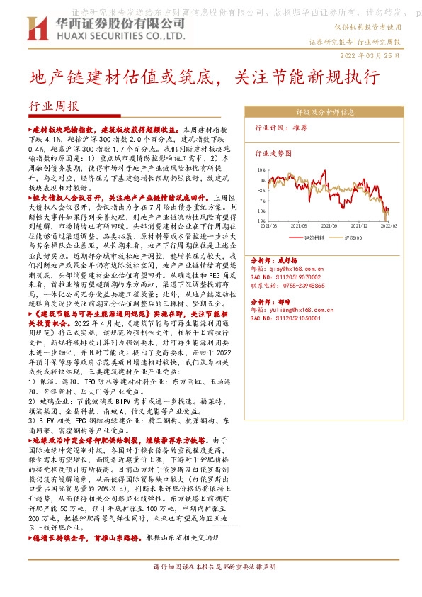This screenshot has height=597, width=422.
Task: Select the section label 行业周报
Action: [53, 106]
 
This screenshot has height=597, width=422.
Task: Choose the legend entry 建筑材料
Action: [313, 238]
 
